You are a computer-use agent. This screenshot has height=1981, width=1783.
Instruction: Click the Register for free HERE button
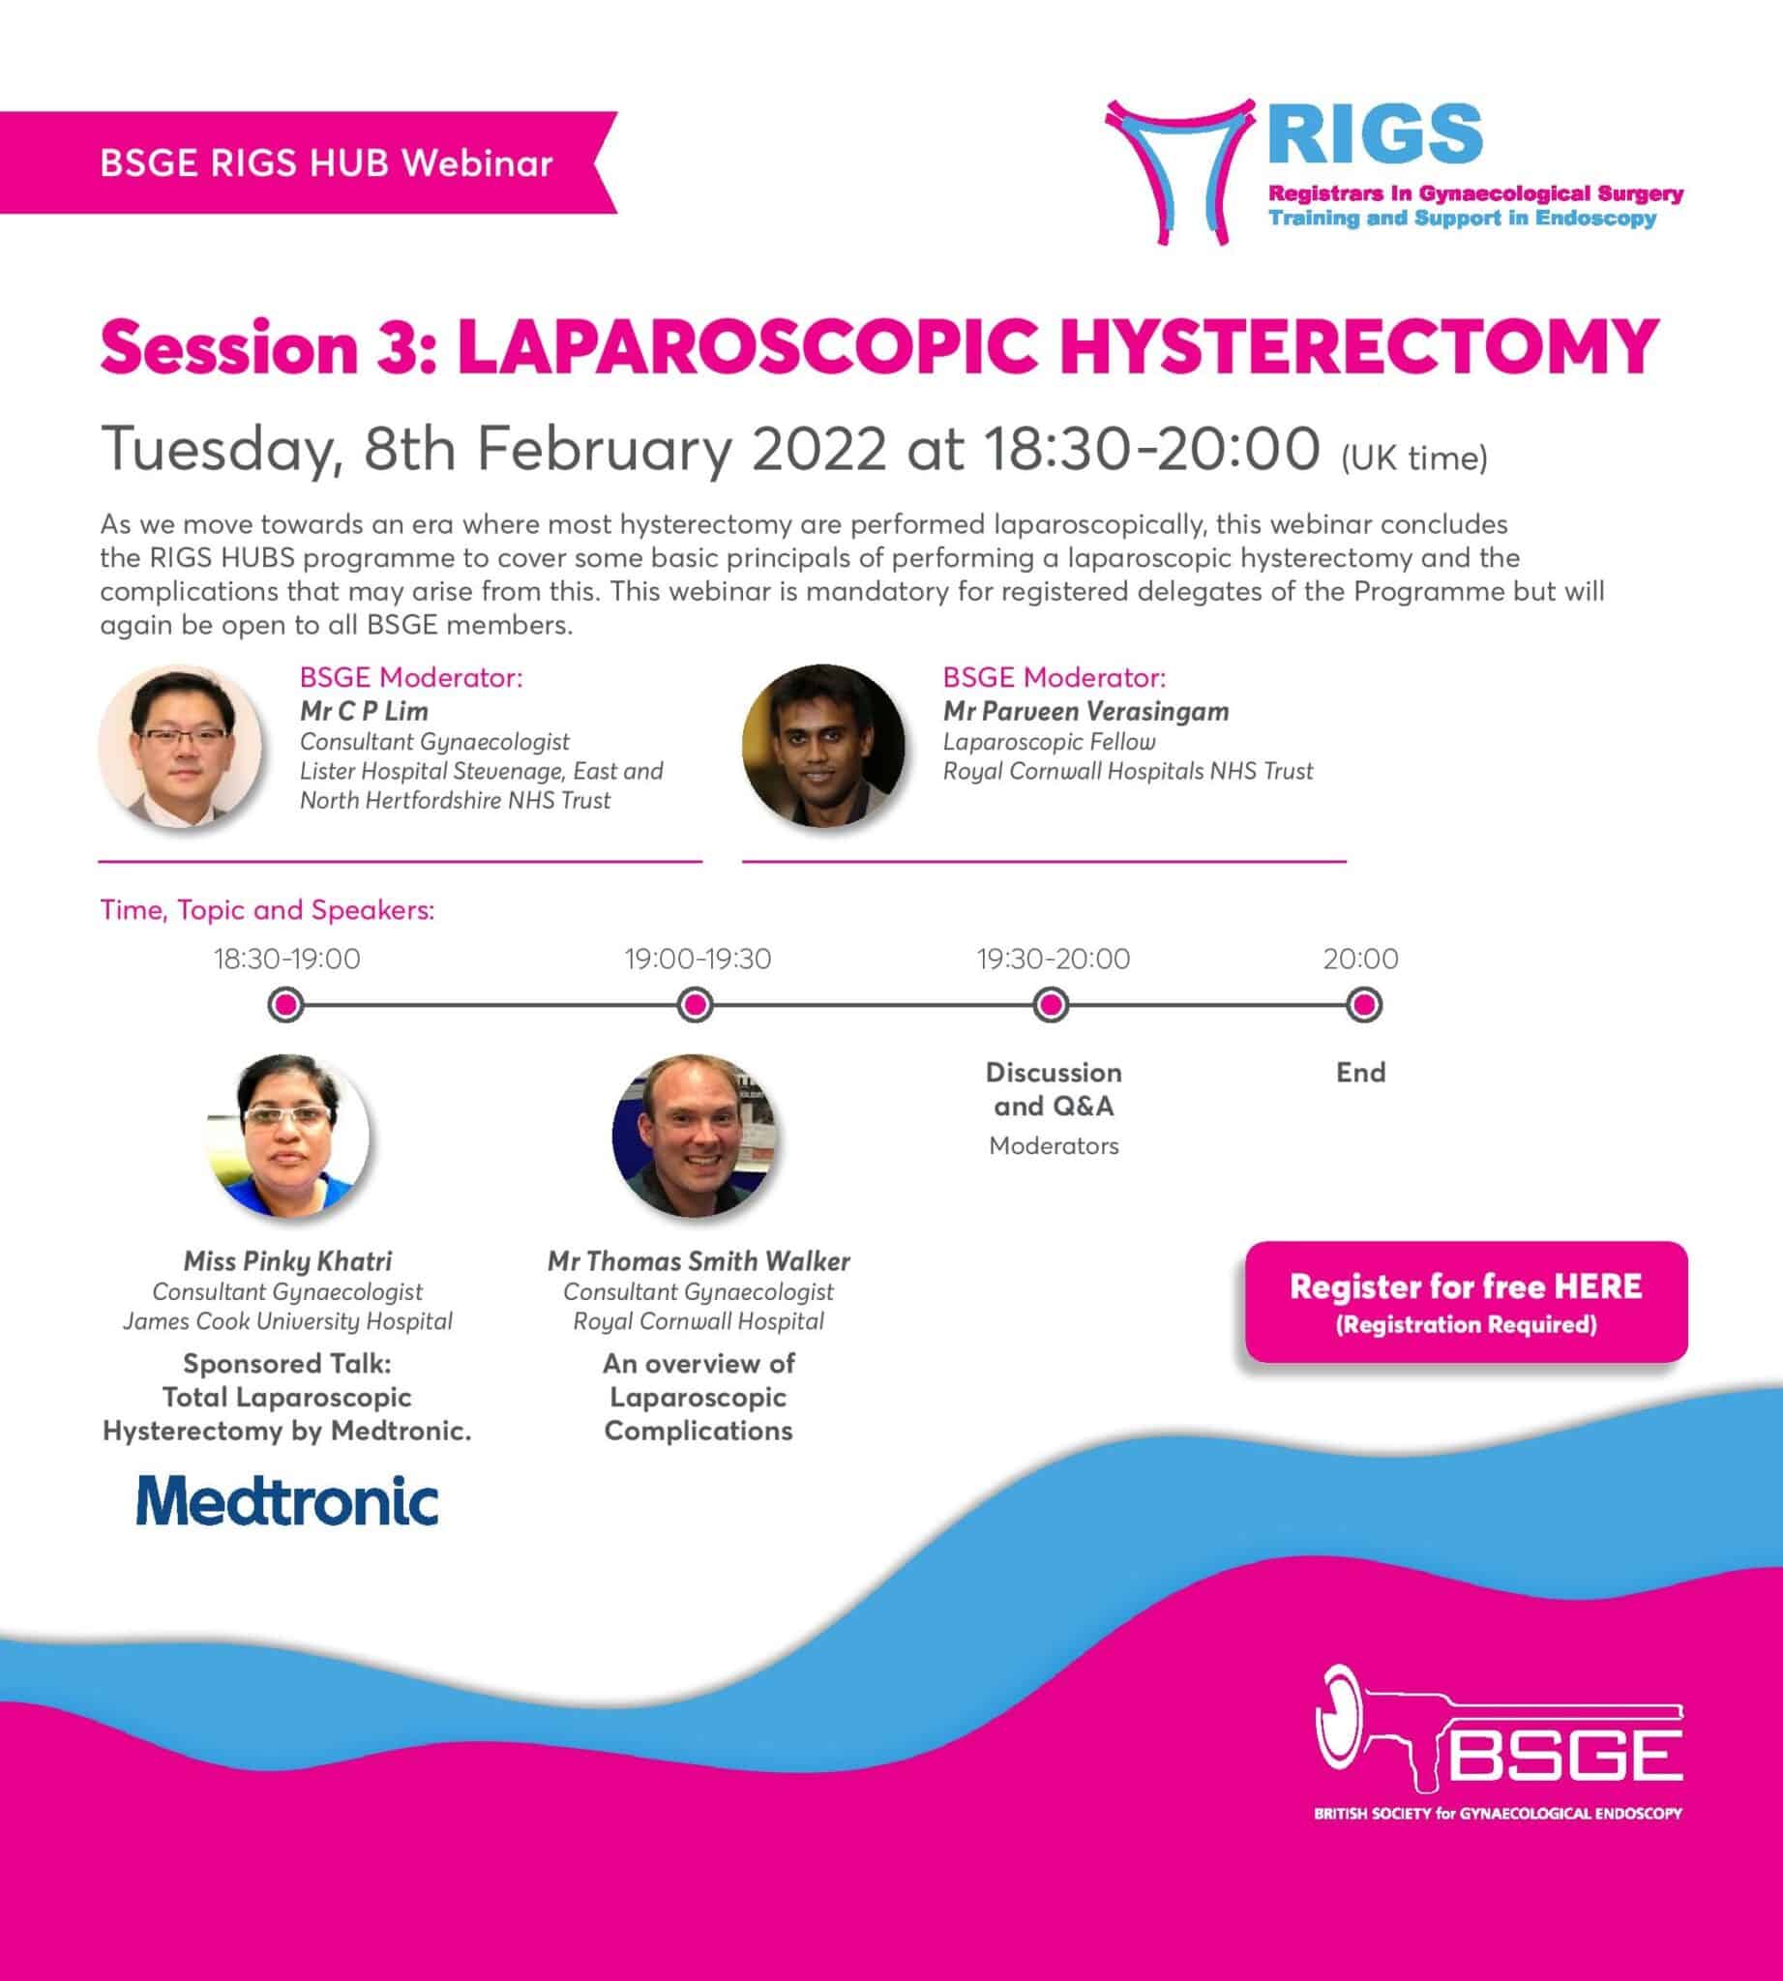coord(1466,1301)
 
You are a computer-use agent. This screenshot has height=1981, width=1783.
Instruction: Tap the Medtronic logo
coord(287,1500)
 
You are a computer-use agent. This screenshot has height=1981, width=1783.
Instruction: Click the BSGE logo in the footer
coord(1499,1745)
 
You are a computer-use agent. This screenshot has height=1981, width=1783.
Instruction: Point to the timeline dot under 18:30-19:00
coord(286,1005)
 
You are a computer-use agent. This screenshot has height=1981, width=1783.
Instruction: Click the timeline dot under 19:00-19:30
coord(696,1005)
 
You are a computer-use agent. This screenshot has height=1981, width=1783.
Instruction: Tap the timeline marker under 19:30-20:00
coord(1052,1005)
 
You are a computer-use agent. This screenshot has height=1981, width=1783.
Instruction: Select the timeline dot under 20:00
coord(1363,1005)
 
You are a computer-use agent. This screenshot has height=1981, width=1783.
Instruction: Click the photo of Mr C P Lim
coord(181,747)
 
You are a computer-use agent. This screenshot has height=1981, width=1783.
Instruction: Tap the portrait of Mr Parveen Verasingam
coord(824,747)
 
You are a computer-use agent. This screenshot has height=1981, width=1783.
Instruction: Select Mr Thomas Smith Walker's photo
coord(696,1135)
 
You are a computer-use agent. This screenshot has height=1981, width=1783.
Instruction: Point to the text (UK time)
coord(1413,458)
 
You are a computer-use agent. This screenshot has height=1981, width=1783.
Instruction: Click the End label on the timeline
coord(1361,1072)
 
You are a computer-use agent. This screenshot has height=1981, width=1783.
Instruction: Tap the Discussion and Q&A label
coord(1054,1088)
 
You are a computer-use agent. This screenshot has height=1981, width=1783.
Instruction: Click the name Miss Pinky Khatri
coord(288,1261)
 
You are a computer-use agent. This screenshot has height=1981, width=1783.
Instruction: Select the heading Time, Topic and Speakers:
coord(267,910)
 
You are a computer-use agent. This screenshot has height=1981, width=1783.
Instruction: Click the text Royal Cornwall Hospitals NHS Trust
coord(1128,771)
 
